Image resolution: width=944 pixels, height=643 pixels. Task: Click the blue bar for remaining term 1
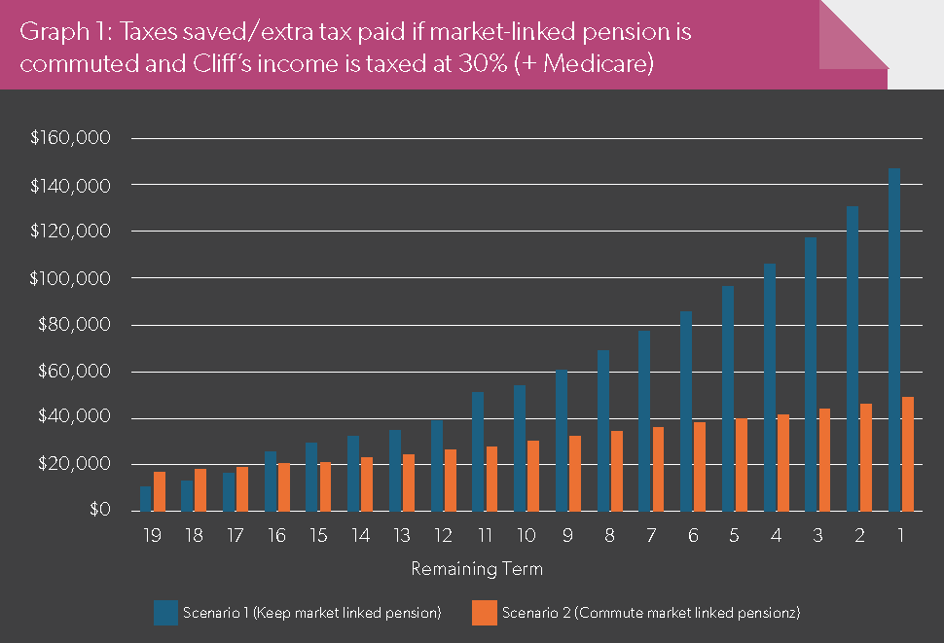pyautogui.click(x=894, y=339)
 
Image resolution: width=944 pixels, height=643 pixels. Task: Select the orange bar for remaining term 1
pyautogui.click(x=908, y=454)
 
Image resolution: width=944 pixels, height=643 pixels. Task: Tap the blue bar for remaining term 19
pyautogui.click(x=146, y=499)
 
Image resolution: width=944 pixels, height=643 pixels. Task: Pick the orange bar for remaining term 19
pyautogui.click(x=160, y=491)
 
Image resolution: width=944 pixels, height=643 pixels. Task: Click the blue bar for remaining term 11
pyautogui.click(x=478, y=451)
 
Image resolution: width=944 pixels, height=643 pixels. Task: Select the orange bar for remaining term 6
pyautogui.click(x=700, y=467)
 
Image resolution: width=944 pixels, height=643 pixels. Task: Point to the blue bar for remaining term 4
pyautogui.click(x=770, y=387)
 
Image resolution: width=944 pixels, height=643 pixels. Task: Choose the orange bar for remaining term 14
pyautogui.click(x=367, y=484)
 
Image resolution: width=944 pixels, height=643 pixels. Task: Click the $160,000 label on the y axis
pyautogui.click(x=70, y=138)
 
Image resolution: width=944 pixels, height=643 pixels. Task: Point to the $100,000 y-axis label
pyautogui.click(x=70, y=278)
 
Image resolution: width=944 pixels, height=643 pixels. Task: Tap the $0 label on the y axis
pyautogui.click(x=100, y=510)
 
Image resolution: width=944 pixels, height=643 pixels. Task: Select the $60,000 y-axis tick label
pyautogui.click(x=74, y=372)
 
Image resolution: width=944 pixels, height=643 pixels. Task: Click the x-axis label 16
pyautogui.click(x=277, y=535)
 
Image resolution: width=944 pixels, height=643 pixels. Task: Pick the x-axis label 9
pyautogui.click(x=567, y=535)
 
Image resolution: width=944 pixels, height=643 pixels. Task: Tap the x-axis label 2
pyautogui.click(x=859, y=535)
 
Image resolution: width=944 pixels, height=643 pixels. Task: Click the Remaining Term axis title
pyautogui.click(x=477, y=569)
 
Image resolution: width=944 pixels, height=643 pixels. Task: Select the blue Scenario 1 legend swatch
pyautogui.click(x=165, y=613)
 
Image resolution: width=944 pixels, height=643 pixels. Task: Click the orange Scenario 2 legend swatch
pyautogui.click(x=485, y=613)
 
